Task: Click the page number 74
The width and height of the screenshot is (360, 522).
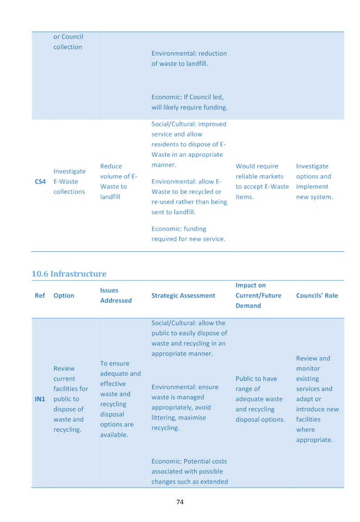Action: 180,502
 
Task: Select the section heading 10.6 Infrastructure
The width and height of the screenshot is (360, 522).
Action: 69,274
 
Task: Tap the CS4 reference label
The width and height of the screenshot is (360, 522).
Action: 40,181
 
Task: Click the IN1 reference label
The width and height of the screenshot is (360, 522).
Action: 40,399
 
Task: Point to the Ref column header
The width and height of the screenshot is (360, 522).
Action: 40,295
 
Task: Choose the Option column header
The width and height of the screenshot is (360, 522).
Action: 64,295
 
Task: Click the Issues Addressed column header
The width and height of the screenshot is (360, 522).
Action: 116,295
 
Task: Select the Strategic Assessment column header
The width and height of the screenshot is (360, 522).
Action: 183,295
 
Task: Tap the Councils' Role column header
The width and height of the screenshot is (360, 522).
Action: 317,295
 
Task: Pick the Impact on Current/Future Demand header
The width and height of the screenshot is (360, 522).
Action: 259,295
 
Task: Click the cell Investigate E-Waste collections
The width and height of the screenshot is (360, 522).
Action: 69,181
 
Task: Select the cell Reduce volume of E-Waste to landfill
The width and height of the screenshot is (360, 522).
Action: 118,181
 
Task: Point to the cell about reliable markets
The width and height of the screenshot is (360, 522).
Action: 262,181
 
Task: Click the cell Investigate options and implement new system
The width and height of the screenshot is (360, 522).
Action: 314,181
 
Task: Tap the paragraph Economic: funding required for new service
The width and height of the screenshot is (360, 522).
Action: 188,234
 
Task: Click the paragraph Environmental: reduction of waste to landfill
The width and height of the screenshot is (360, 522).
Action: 189,58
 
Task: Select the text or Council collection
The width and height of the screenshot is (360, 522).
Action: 68,42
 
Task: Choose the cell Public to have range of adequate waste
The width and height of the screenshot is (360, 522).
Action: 260,399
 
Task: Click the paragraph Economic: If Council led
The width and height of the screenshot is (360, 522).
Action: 189,102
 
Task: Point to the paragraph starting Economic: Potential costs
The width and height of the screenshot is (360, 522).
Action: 189,471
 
